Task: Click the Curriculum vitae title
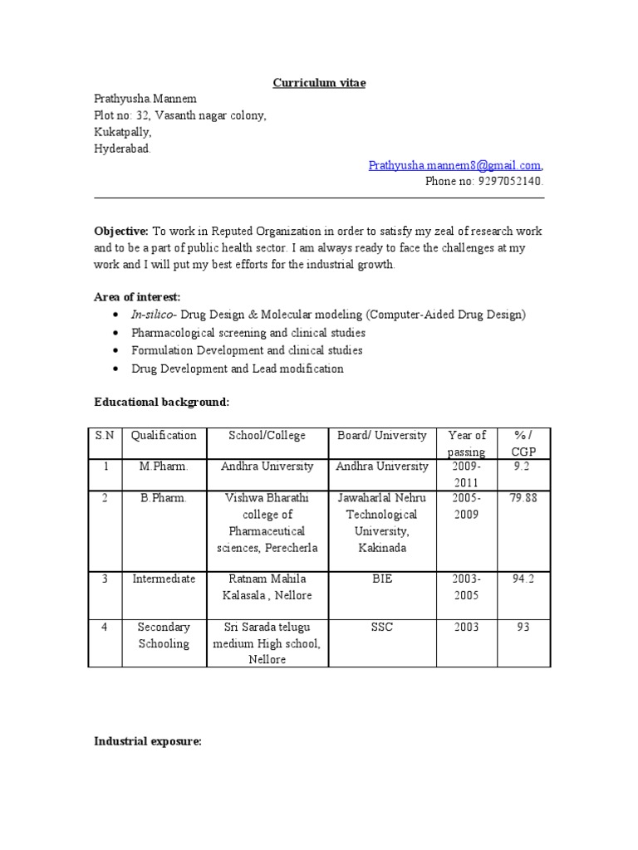tap(320, 83)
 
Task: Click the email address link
tap(455, 165)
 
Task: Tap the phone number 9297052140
tap(510, 181)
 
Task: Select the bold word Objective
tap(120, 231)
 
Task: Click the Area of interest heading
tap(137, 296)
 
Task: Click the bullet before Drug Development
tap(114, 369)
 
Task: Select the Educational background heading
tap(161, 402)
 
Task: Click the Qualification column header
tap(164, 435)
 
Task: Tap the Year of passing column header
tap(466, 443)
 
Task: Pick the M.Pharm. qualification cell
tap(164, 467)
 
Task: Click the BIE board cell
tap(381, 579)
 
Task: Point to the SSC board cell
tap(381, 627)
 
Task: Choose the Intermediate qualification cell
tap(164, 579)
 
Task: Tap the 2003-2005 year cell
tap(466, 587)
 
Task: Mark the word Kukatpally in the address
tap(122, 132)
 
